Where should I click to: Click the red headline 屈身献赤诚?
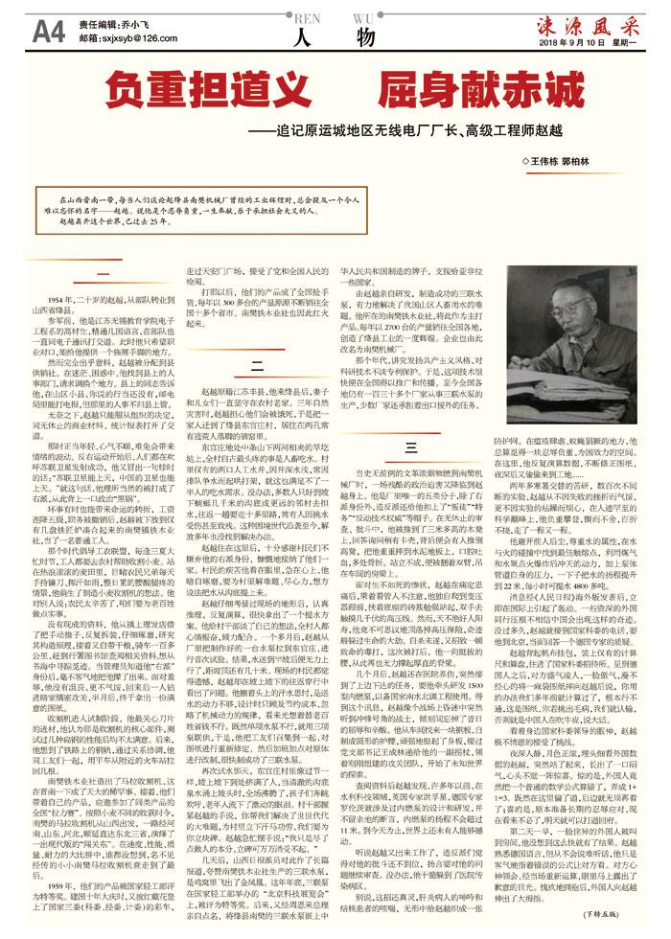(x=470, y=92)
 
